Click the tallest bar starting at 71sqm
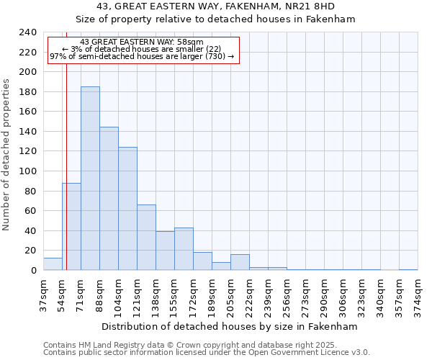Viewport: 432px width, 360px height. pos(90,179)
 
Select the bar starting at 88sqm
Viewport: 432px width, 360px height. pos(109,199)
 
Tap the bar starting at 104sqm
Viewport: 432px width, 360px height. pos(127,209)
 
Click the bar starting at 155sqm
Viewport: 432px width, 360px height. pos(184,249)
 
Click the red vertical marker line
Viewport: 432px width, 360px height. pos(66,180)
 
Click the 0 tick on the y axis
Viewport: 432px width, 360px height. pos(33,271)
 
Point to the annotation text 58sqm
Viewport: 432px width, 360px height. pos(142,42)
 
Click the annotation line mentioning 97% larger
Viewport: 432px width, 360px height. pos(142,56)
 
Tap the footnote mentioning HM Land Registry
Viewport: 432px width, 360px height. pos(206,345)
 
